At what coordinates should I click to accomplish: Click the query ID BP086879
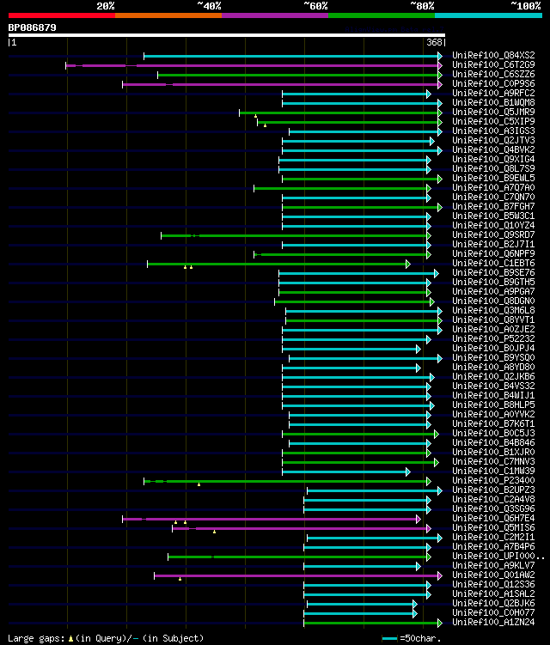(x=33, y=27)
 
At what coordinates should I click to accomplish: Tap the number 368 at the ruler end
(x=435, y=42)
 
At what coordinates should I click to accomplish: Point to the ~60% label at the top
(x=315, y=5)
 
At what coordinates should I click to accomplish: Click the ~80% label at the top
(x=422, y=5)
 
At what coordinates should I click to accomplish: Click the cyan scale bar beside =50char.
(x=389, y=638)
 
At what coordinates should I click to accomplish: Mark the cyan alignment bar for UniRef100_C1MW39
(x=345, y=472)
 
